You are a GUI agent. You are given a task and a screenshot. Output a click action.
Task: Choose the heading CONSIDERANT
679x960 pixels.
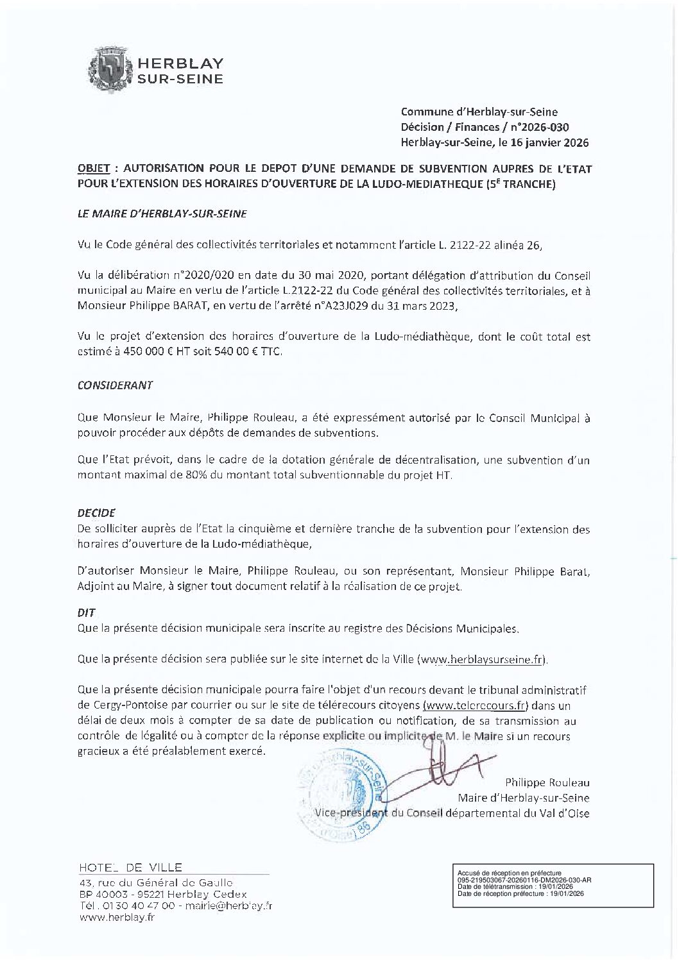point(115,386)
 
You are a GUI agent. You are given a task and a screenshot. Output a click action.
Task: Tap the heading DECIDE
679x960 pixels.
point(96,514)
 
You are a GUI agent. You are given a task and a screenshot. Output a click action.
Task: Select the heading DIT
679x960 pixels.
point(86,612)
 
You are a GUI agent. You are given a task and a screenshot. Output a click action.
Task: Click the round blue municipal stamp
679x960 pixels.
point(339,791)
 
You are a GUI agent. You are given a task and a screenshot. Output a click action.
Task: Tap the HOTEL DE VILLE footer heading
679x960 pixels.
point(129,868)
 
